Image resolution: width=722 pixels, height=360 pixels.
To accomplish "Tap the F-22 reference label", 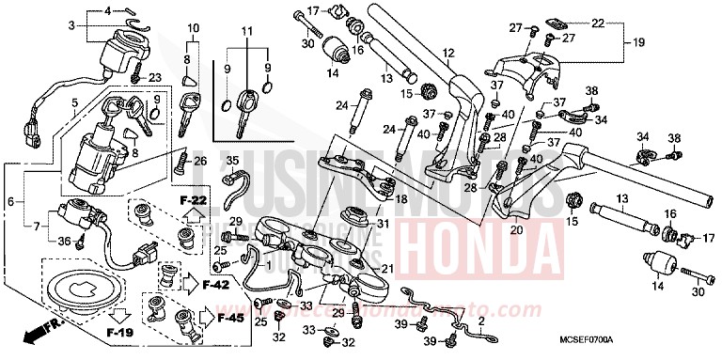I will click(192, 200).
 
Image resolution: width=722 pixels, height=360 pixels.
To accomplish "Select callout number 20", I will click(516, 228).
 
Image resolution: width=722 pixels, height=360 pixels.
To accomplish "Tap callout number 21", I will click(386, 268).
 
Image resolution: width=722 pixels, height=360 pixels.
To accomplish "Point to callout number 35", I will click(231, 160).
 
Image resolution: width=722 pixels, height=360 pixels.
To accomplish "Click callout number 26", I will click(199, 160).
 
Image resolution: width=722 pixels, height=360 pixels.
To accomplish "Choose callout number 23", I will click(155, 76).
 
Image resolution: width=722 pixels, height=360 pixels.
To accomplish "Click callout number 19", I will click(638, 41).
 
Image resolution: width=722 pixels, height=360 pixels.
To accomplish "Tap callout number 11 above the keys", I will click(246, 32).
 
